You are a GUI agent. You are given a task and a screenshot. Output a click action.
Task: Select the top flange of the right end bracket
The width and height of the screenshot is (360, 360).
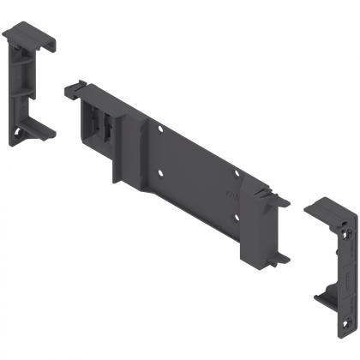327,211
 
